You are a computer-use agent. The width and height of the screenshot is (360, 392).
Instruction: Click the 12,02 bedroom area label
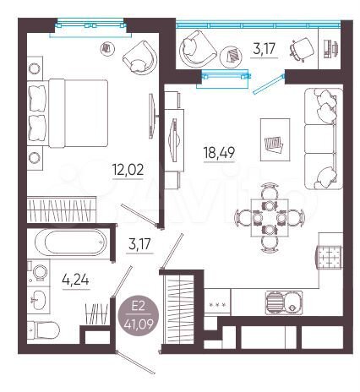128,169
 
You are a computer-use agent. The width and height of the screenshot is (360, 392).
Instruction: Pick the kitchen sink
278,302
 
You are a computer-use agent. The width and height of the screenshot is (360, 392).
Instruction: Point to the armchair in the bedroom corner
139,58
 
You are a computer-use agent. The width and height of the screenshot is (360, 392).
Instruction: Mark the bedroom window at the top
85,27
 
